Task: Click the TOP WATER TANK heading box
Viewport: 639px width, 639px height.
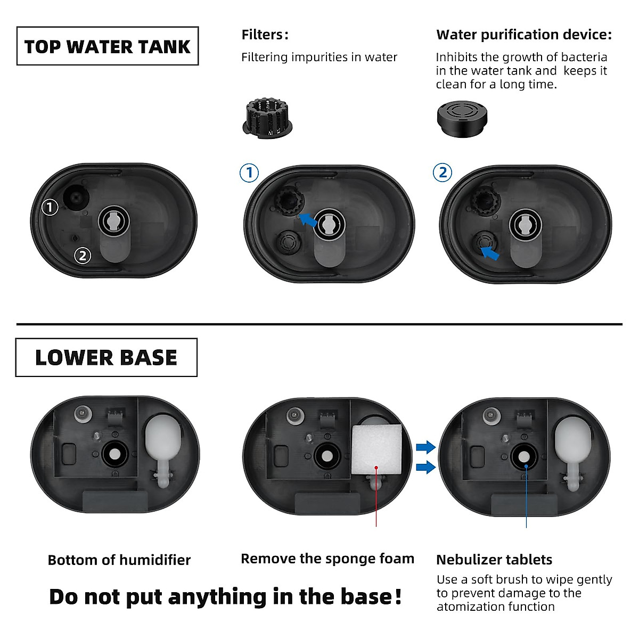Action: (108, 46)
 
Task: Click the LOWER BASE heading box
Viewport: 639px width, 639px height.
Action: (106, 357)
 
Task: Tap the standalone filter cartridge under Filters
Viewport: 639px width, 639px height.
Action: (266, 117)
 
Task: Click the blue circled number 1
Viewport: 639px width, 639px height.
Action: (249, 173)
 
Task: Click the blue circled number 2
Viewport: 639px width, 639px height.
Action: (443, 173)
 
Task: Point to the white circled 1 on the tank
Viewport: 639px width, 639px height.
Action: (50, 207)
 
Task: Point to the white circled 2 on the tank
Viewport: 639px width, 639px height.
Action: (82, 256)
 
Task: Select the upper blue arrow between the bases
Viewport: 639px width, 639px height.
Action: (425, 447)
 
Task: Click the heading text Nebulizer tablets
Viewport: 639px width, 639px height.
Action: (494, 560)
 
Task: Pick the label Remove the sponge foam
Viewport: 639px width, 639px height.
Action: (327, 559)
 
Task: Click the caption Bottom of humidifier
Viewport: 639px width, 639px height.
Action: (119, 560)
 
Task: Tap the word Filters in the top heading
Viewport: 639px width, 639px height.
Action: (262, 35)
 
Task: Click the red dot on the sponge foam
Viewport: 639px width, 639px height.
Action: (376, 468)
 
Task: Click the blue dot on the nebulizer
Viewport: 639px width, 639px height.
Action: (526, 466)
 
